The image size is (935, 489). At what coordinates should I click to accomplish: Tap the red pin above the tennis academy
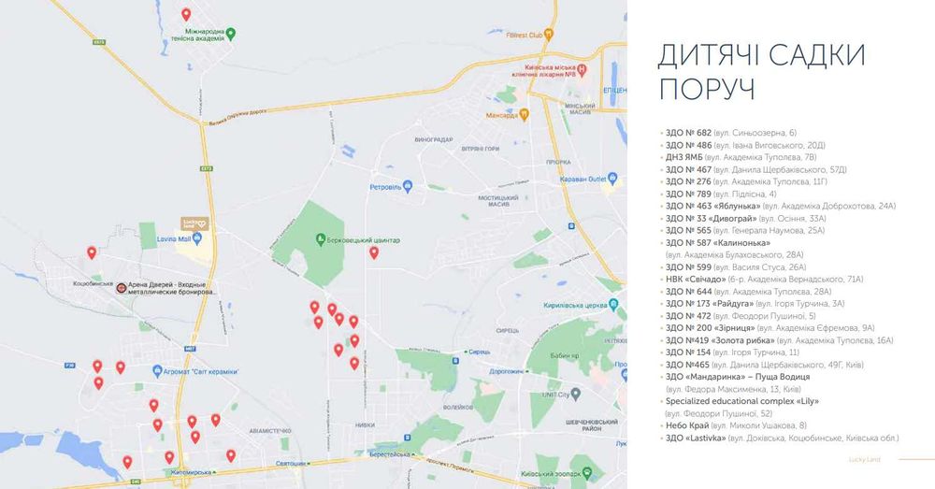(x=186, y=14)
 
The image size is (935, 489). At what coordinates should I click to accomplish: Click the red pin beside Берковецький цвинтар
(x=374, y=252)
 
